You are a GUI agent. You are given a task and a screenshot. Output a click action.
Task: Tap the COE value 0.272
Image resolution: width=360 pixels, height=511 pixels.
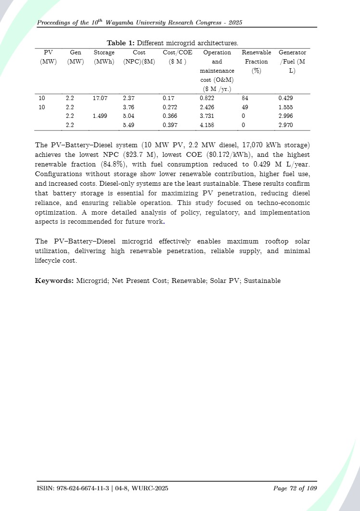[170, 107]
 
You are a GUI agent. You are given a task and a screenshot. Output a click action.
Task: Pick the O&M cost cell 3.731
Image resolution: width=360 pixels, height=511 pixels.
[207, 116]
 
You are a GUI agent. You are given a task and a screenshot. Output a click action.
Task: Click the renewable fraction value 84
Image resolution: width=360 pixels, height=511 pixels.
[245, 98]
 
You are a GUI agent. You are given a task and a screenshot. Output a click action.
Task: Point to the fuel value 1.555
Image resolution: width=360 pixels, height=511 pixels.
[285, 107]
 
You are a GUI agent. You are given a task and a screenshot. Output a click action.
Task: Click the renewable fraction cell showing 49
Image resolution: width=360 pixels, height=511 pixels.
[245, 107]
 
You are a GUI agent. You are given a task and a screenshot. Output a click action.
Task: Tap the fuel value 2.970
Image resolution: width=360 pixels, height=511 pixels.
[285, 125]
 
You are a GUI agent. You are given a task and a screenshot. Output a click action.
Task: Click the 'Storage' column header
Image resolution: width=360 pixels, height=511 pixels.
[104, 52]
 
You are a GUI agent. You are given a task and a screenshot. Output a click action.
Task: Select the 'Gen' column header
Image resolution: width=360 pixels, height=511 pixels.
[76, 52]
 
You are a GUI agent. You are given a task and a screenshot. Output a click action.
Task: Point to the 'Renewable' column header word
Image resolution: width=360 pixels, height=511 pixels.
[256, 52]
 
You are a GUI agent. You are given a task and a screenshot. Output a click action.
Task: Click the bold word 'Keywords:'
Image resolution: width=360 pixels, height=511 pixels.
[54, 281]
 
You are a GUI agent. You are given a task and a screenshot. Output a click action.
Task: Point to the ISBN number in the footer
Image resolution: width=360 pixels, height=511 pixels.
[81, 488]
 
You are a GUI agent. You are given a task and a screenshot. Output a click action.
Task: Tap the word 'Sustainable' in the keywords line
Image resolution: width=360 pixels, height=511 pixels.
[262, 281]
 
